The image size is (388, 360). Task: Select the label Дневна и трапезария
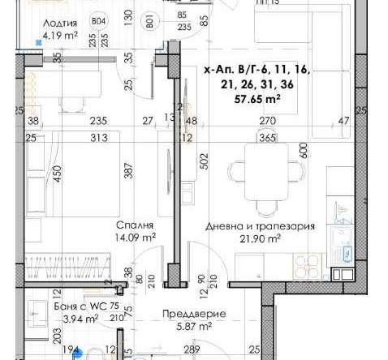pos(260,226)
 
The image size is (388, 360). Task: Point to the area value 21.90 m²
pos(260,238)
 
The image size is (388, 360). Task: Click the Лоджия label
pos(60,24)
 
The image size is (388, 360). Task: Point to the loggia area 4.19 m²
pos(61,36)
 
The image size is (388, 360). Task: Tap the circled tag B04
pos(99,21)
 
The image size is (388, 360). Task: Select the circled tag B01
pos(149,21)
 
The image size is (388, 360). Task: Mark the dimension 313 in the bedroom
pos(100,137)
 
